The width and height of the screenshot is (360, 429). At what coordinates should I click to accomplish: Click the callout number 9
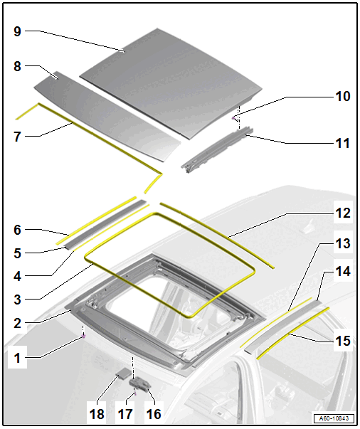click(x=17, y=31)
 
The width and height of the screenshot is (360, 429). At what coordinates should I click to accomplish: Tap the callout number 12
click(x=343, y=213)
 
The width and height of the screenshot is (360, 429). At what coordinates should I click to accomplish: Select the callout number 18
click(x=97, y=414)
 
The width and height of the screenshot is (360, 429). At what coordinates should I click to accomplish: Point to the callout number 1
click(x=17, y=358)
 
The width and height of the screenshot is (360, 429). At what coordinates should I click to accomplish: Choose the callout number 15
click(x=343, y=341)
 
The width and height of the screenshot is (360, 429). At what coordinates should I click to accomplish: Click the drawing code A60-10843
click(x=334, y=418)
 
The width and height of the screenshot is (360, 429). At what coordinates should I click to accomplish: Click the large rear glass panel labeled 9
click(x=171, y=83)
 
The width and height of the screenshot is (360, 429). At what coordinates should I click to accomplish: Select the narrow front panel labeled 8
click(x=107, y=116)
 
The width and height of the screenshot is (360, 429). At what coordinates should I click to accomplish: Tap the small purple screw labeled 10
click(x=233, y=118)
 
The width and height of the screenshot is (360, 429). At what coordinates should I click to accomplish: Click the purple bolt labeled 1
click(x=84, y=337)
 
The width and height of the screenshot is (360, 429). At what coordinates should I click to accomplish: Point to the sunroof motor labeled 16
click(x=140, y=382)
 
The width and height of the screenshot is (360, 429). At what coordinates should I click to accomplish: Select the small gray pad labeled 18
click(x=124, y=373)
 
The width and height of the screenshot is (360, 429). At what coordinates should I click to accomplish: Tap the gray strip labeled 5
click(x=106, y=224)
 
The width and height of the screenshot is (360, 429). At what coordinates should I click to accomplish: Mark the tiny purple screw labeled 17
click(x=135, y=393)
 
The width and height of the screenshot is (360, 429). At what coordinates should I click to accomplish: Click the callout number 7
click(x=17, y=137)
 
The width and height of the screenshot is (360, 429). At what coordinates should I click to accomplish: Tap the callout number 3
click(x=17, y=300)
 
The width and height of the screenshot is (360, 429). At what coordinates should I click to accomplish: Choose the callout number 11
click(x=343, y=143)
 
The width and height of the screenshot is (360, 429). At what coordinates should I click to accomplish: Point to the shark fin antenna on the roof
click(x=309, y=228)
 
